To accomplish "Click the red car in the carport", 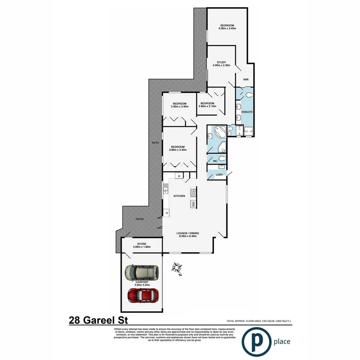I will pyautogui.click(x=143, y=295).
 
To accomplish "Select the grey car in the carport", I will pyautogui.click(x=142, y=273).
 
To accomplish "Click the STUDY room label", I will pyautogui.click(x=221, y=61).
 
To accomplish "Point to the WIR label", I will pyautogui.click(x=245, y=80).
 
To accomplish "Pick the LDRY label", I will pyautogui.click(x=219, y=175).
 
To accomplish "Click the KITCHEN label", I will pyautogui.click(x=179, y=196).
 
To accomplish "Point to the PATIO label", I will pyautogui.click(x=140, y=219).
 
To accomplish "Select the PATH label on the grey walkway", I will pyautogui.click(x=155, y=143).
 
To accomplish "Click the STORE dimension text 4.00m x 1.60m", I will pyautogui.click(x=141, y=247).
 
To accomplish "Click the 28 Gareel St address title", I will pyautogui.click(x=98, y=320).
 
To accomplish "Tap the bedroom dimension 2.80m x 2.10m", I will pyautogui.click(x=207, y=106).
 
